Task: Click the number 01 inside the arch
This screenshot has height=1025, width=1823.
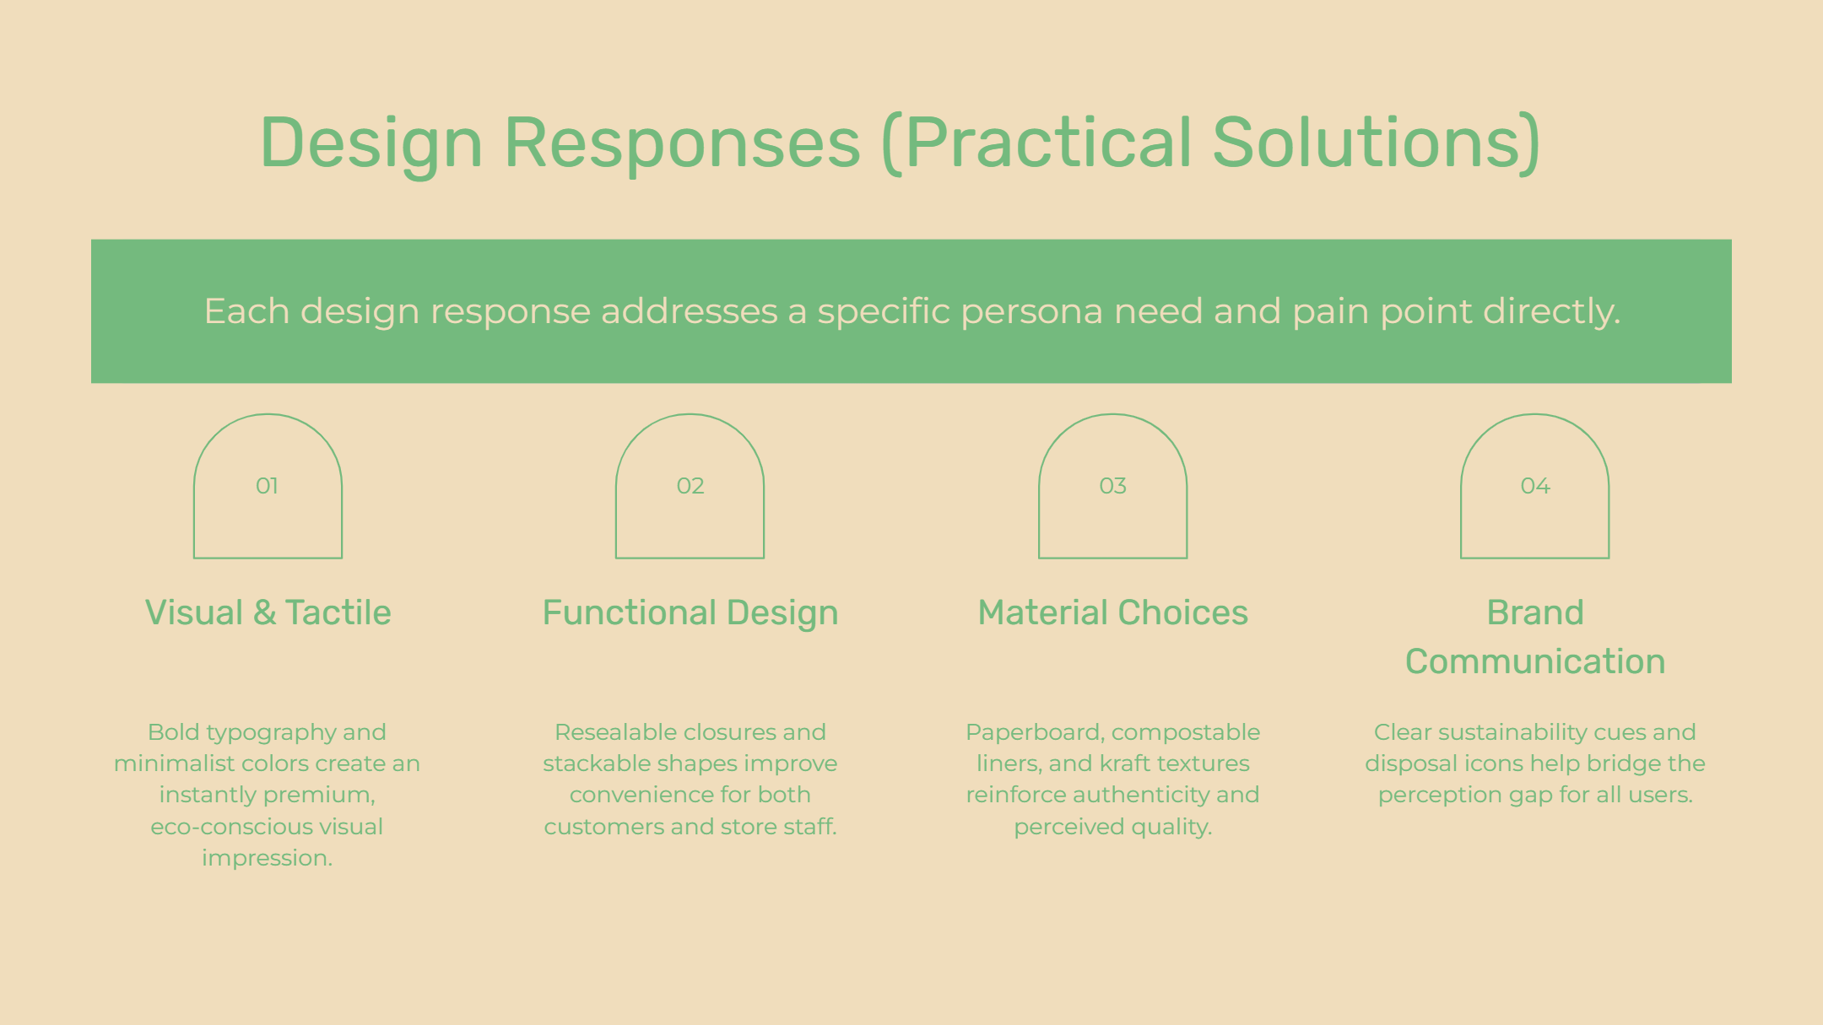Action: coord(267,486)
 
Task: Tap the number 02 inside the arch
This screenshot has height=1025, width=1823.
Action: coord(690,486)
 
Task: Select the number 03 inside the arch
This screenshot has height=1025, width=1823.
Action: coord(1112,486)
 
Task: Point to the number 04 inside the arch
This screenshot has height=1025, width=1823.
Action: coord(1535,486)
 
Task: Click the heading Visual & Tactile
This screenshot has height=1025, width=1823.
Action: coord(268,612)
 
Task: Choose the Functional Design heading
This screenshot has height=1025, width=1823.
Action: coord(690,613)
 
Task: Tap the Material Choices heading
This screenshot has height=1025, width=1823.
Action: coord(1112,612)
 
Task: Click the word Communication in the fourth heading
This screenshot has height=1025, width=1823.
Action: coord(1535,661)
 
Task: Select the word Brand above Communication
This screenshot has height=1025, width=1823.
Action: coord(1535,612)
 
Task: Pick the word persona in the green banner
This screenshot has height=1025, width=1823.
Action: coord(1031,312)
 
